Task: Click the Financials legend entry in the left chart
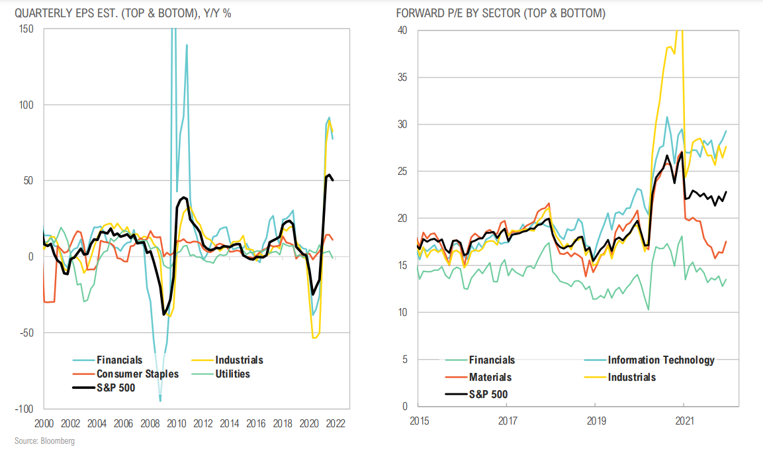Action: [119, 360]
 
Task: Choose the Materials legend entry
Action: [490, 377]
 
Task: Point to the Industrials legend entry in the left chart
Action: [238, 360]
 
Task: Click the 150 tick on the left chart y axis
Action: [27, 29]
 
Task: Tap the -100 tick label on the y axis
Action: [26, 409]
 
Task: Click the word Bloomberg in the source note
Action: [58, 441]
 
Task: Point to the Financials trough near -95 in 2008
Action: [160, 400]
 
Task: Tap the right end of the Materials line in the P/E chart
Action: [727, 241]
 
